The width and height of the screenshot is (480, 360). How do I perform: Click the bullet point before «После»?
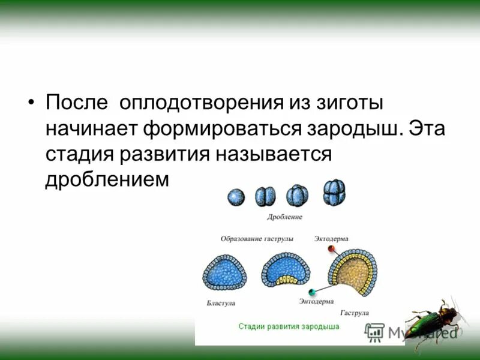pos(32,102)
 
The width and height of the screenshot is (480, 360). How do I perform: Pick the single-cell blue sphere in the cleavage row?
pos(236,196)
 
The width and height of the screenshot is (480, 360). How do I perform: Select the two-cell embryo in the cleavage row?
pos(265,196)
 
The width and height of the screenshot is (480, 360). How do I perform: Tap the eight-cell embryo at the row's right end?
pos(334,193)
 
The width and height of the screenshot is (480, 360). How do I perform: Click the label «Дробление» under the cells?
pos(284,217)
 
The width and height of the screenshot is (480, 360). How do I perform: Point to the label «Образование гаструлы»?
pos(257,239)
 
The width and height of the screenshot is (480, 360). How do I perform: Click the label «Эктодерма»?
pos(331,239)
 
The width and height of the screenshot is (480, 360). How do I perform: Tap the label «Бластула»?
pos(221,304)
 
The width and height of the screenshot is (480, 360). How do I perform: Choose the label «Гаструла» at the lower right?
pos(355,313)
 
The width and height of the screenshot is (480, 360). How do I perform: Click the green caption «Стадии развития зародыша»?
pos(289,327)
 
